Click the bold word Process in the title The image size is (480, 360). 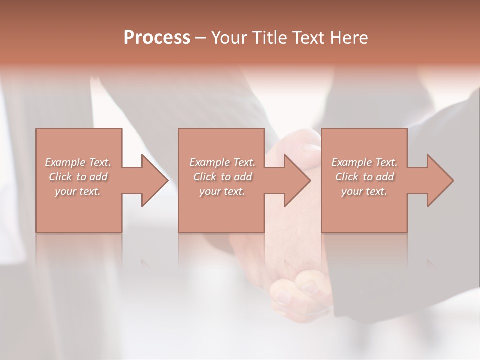(157, 38)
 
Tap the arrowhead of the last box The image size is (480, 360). (439, 180)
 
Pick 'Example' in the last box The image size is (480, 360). (351, 162)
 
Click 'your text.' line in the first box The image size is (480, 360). (78, 191)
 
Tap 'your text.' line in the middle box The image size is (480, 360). (222, 191)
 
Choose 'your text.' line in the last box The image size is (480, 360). (364, 191)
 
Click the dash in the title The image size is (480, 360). (200, 38)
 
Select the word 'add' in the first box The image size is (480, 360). (98, 177)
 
